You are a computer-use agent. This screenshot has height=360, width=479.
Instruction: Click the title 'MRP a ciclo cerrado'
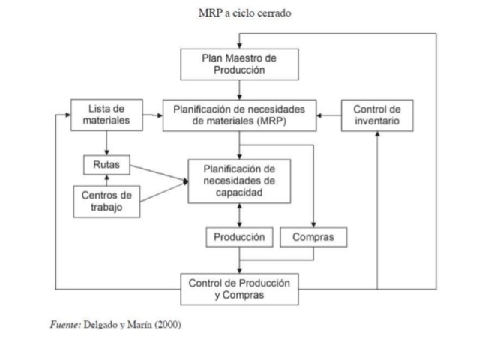239,13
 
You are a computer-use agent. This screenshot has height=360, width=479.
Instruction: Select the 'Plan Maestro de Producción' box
239,64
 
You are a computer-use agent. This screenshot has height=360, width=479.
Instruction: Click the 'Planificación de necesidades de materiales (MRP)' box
239,115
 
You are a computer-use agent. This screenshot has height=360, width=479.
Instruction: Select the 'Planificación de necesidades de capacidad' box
239,181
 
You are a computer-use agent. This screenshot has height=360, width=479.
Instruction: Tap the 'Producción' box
239,237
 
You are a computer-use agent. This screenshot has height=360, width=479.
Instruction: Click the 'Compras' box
313,237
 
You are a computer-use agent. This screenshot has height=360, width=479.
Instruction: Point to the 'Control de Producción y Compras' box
239,289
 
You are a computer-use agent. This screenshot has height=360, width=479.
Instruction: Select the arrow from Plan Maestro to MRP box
239,89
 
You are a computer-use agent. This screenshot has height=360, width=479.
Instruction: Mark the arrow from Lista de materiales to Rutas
107,143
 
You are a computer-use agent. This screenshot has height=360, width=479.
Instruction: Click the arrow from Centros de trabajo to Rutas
107,178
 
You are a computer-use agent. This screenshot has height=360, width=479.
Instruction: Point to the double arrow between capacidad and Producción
239,215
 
